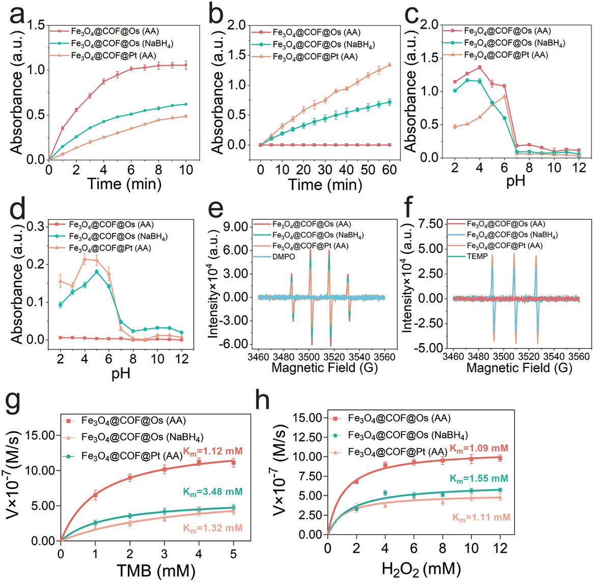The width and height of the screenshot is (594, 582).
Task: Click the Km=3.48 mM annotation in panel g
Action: coord(213,492)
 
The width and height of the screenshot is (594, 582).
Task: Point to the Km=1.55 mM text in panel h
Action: coord(479,479)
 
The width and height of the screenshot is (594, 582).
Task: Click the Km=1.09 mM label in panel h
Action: coord(478,448)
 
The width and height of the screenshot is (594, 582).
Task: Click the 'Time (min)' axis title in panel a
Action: coord(118,183)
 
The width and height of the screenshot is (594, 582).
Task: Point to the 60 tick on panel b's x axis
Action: coord(389,169)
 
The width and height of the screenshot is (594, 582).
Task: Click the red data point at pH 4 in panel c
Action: coord(480,67)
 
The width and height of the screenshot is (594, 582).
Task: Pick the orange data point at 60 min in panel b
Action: coord(389,65)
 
